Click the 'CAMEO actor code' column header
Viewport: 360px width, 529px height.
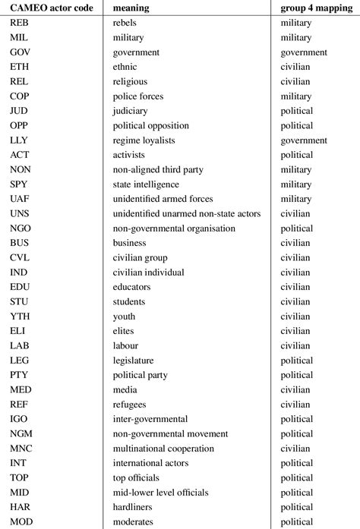(49, 8)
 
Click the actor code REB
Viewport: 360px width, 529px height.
(21, 24)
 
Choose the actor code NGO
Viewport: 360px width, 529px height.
(21, 228)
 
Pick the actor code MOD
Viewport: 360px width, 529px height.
(22, 521)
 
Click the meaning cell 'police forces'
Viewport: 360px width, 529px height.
(137, 97)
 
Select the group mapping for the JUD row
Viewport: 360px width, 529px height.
(296, 112)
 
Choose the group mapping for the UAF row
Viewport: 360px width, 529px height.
(296, 199)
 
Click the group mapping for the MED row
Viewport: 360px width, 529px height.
(295, 390)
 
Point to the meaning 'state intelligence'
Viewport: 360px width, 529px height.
(146, 184)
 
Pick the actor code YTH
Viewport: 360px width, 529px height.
(21, 316)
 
